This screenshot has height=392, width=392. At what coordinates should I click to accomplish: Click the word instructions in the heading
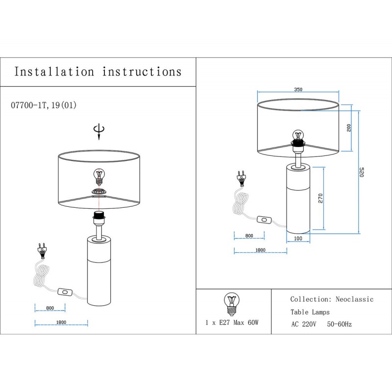(x=142, y=72)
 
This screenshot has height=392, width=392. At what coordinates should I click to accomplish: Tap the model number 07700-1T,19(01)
(x=43, y=105)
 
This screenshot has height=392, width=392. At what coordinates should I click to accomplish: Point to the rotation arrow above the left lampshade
(x=99, y=131)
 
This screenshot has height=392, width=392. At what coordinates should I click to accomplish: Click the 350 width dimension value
(x=298, y=90)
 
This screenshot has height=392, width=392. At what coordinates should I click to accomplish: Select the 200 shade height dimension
(x=348, y=127)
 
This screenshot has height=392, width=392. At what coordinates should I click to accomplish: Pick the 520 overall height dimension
(x=362, y=172)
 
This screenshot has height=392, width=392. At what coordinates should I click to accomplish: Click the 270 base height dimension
(x=320, y=197)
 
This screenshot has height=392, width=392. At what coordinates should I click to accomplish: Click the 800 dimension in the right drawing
(x=249, y=236)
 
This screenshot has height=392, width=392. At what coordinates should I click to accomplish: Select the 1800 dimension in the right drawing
(x=260, y=250)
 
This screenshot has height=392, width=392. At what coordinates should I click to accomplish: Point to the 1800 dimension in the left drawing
(x=61, y=322)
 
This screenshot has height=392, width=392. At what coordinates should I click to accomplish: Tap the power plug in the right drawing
(x=241, y=178)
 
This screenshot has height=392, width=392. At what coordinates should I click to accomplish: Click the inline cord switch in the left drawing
(x=64, y=292)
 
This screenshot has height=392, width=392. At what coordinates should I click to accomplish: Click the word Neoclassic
(x=354, y=299)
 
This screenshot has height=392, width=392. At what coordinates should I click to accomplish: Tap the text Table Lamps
(x=310, y=312)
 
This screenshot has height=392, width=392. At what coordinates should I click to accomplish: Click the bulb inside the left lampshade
(x=99, y=175)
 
